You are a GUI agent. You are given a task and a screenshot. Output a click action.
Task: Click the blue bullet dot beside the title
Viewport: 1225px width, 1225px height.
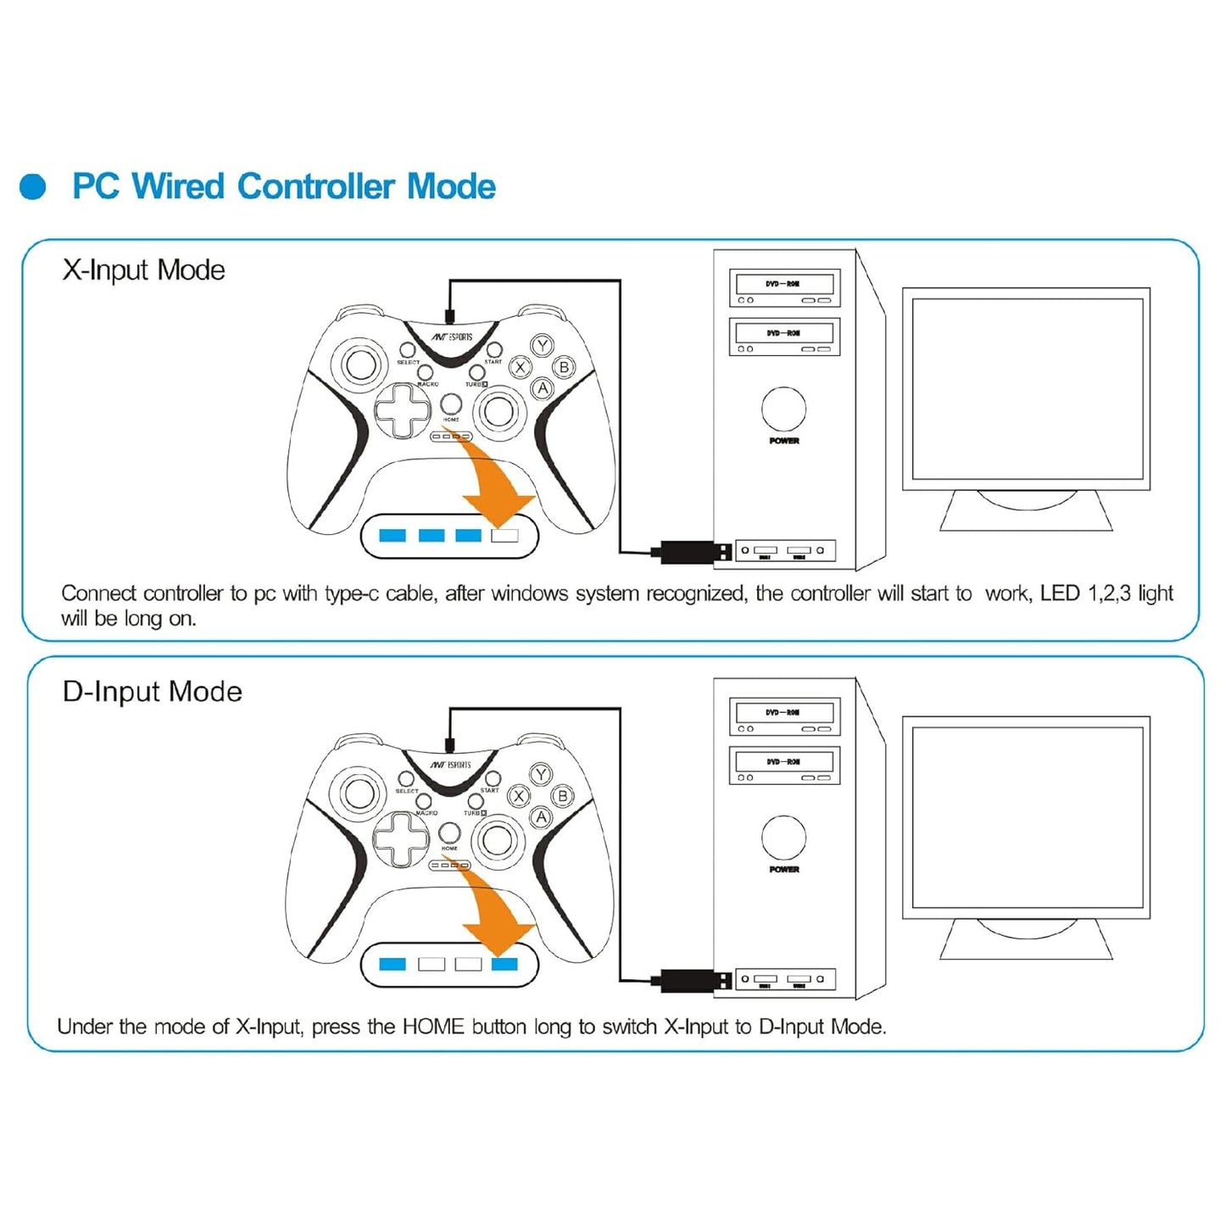point(33,187)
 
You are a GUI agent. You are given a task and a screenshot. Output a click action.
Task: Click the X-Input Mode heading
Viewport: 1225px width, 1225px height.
point(143,270)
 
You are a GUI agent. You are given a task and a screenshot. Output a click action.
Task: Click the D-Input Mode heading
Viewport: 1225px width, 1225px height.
point(152,692)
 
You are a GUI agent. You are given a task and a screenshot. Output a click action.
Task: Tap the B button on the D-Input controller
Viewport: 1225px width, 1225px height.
point(562,796)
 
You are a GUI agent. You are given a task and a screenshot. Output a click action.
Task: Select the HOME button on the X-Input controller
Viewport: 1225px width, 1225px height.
point(451,404)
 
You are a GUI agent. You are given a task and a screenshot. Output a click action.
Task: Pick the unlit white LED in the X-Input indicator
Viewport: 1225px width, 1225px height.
point(504,536)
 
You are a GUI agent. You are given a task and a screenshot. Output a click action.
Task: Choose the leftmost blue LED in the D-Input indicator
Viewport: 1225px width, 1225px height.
point(393,964)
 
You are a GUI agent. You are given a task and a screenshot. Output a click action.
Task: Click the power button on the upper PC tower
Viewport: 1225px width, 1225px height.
point(783,409)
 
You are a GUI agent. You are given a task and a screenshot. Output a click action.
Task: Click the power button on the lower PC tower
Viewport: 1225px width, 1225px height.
point(783,838)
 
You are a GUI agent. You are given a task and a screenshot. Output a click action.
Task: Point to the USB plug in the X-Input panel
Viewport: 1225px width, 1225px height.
point(693,552)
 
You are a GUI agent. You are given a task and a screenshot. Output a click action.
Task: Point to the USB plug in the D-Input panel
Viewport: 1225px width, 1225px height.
point(693,981)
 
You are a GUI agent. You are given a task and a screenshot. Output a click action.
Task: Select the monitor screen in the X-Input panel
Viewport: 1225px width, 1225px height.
point(1026,388)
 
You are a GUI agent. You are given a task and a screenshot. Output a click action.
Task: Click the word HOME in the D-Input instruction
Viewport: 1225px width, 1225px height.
point(433,1027)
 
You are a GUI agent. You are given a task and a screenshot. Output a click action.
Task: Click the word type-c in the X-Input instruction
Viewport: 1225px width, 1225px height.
point(352,594)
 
